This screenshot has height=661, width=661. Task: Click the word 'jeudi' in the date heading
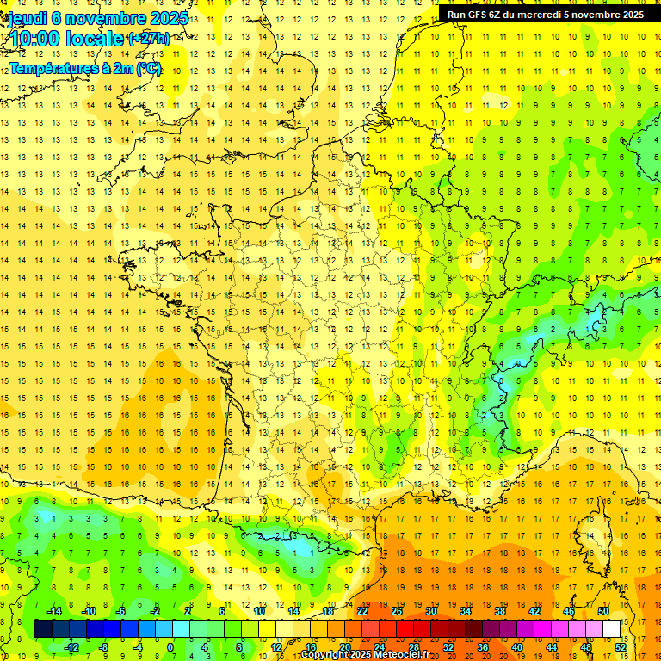coord(26,18)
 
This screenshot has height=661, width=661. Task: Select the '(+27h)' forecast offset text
coord(149,39)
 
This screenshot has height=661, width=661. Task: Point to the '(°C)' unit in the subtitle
coord(148,68)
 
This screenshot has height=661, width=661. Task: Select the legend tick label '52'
coord(621,647)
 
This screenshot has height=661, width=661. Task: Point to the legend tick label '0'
coord(170,647)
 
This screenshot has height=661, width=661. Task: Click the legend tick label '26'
coord(396,611)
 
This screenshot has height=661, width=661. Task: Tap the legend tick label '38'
coord(499,611)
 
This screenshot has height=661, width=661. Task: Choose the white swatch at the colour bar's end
coord(611,629)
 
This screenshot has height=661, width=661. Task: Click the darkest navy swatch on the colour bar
coord(43,629)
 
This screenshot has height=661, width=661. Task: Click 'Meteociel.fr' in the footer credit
coord(405,655)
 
